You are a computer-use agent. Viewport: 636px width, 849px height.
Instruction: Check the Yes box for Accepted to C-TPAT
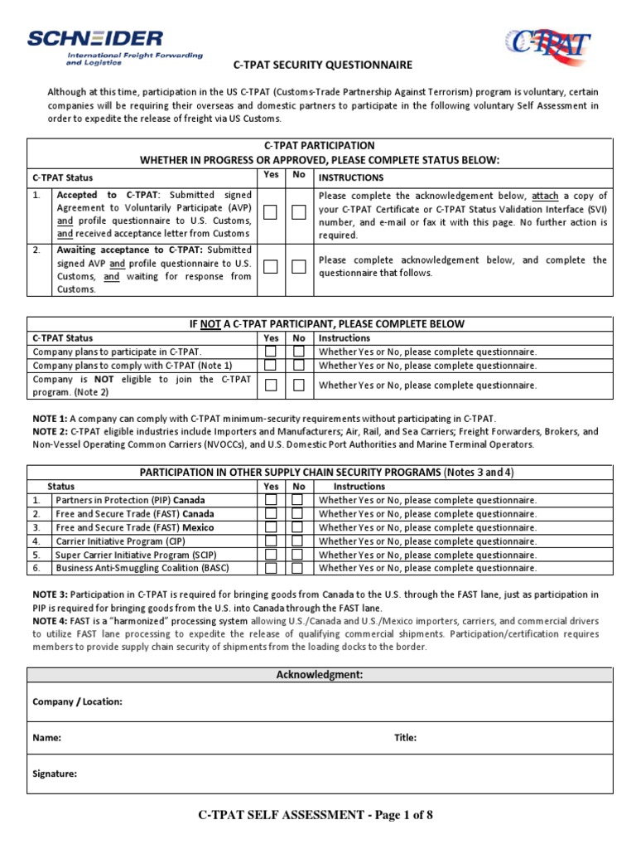tap(270, 213)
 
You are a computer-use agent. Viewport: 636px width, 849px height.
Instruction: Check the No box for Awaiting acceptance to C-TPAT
tap(299, 266)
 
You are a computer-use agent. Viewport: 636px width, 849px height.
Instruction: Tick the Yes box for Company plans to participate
tap(270, 352)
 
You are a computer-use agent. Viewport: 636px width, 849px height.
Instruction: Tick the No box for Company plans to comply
tap(299, 365)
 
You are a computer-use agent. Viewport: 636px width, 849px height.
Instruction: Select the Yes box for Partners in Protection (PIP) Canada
tap(270, 500)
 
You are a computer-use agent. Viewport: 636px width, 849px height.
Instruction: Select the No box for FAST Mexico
tap(298, 527)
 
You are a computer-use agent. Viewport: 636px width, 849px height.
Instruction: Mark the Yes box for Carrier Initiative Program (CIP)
tap(270, 541)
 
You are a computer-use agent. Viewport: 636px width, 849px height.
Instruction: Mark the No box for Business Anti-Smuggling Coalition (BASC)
tap(298, 568)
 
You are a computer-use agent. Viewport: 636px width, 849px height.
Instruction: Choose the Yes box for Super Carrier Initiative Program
tap(270, 555)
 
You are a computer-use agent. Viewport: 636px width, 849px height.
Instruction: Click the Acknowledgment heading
tap(319, 675)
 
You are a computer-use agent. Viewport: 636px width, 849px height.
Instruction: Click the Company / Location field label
tap(77, 701)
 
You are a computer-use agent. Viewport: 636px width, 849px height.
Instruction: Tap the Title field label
tap(405, 737)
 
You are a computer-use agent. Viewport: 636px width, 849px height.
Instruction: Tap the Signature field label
tap(55, 774)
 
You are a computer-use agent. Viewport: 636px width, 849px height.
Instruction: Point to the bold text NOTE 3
tap(51, 594)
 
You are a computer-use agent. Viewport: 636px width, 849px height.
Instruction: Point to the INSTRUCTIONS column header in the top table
tap(351, 177)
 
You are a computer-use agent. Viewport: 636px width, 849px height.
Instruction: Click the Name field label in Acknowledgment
tap(46, 737)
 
